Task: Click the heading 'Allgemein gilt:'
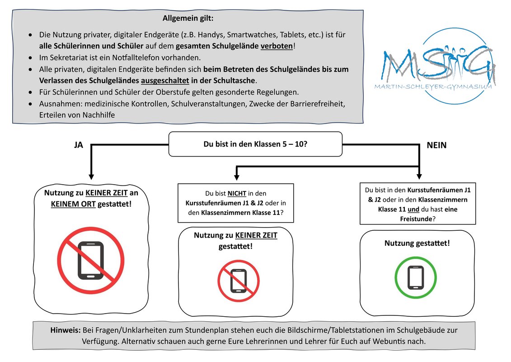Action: pyautogui.click(x=188, y=18)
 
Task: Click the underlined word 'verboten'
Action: pyautogui.click(x=277, y=46)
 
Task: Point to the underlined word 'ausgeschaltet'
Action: pyautogui.click(x=165, y=81)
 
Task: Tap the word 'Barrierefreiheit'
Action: pyautogui.click(x=317, y=104)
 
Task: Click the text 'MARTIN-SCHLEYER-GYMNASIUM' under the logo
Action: pyautogui.click(x=433, y=87)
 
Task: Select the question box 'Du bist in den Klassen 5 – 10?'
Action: pyautogui.click(x=256, y=144)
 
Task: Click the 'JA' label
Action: pyautogui.click(x=79, y=145)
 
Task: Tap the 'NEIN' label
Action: pyautogui.click(x=437, y=145)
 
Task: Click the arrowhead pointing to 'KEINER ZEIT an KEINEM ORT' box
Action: pyautogui.click(x=91, y=176)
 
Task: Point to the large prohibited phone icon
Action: pyautogui.click(x=91, y=261)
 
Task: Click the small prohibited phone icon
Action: pyautogui.click(x=239, y=281)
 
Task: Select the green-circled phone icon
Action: pyautogui.click(x=416, y=277)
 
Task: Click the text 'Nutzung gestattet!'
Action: pyautogui.click(x=417, y=243)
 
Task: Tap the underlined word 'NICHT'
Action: pyautogui.click(x=237, y=194)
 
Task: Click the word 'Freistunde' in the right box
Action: pyautogui.click(x=416, y=219)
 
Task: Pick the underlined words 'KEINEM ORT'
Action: pyautogui.click(x=73, y=205)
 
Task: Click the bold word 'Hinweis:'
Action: pyautogui.click(x=66, y=330)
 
